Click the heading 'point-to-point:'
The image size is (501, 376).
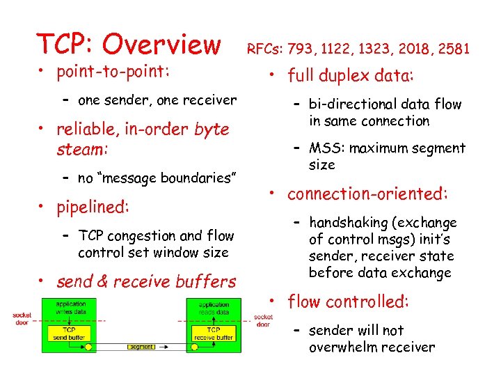[x=113, y=72]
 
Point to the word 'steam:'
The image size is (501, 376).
[x=81, y=150]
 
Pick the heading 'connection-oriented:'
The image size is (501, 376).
[x=367, y=194]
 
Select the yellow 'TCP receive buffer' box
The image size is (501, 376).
[x=214, y=333]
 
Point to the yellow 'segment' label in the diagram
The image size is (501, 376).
[x=141, y=346]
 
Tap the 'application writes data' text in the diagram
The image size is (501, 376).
[x=70, y=308]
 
